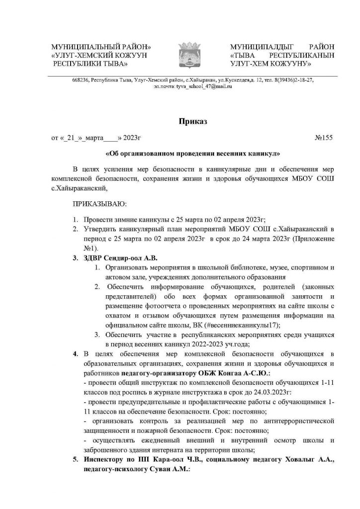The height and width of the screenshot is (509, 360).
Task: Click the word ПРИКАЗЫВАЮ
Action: (99, 203)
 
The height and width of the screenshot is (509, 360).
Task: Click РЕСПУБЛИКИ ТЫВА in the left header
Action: (90, 64)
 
